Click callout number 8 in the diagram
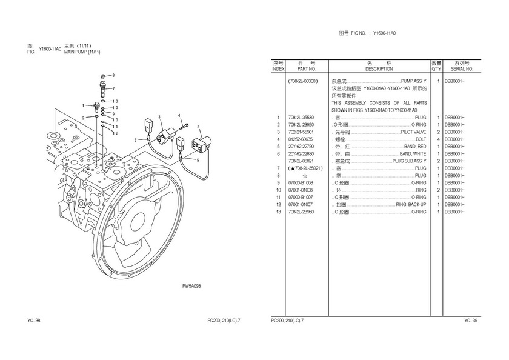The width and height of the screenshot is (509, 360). (x=113, y=75)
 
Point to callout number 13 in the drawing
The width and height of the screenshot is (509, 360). (x=115, y=101)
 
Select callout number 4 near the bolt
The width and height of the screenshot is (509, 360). (x=180, y=115)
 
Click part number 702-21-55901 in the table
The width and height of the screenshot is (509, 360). (x=301, y=132)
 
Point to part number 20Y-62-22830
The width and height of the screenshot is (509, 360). (x=301, y=154)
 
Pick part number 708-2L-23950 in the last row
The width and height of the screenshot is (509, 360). (x=301, y=212)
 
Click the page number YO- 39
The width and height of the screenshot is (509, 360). (x=471, y=320)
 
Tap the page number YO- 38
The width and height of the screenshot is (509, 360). (x=34, y=320)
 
